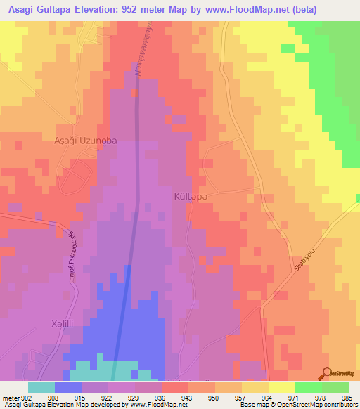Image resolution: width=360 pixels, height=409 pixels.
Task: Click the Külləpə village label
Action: point(191,197)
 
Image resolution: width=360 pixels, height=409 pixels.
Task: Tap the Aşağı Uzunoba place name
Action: point(86,141)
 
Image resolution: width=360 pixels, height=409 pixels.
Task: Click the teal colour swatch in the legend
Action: point(41,387)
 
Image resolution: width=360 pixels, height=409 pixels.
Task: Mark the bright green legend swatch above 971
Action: point(308,387)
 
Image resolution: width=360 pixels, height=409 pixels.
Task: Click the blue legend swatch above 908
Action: point(67,387)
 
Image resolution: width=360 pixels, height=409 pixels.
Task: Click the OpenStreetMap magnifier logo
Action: point(326,373)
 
